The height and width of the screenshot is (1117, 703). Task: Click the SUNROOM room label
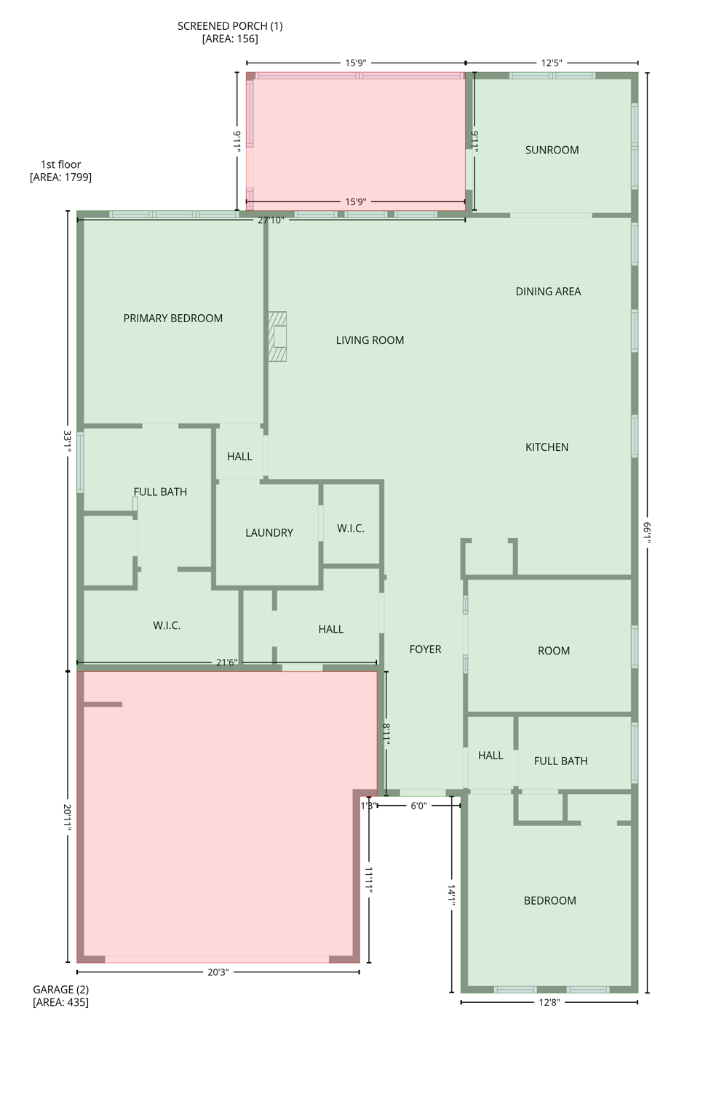pyautogui.click(x=552, y=150)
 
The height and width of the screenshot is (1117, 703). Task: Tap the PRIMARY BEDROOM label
pyautogui.click(x=172, y=318)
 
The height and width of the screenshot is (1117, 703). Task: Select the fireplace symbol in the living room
pyautogui.click(x=277, y=337)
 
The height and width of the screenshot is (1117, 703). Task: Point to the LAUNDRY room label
pyautogui.click(x=269, y=532)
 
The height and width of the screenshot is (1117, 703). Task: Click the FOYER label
pyautogui.click(x=425, y=649)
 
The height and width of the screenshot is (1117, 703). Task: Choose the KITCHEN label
pyautogui.click(x=547, y=447)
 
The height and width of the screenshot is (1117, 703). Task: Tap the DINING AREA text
pyautogui.click(x=548, y=292)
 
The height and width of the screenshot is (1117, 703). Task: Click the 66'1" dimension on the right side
pyautogui.click(x=647, y=531)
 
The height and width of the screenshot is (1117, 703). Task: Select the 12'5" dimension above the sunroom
pyautogui.click(x=551, y=63)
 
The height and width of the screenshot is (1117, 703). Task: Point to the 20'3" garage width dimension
pyautogui.click(x=218, y=972)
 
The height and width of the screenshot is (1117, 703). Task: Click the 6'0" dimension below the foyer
pyautogui.click(x=418, y=806)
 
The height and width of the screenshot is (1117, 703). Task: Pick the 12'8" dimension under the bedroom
pyautogui.click(x=549, y=1003)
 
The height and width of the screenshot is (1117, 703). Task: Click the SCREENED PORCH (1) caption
pyautogui.click(x=230, y=26)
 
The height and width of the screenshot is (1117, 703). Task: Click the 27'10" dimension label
pyautogui.click(x=270, y=220)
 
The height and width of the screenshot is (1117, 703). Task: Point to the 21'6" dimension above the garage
pyautogui.click(x=226, y=662)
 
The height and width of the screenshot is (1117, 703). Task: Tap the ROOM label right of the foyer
pyautogui.click(x=553, y=651)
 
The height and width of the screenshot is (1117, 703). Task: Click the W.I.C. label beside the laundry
pyautogui.click(x=350, y=529)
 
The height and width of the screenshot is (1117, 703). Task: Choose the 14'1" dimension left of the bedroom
pyautogui.click(x=452, y=894)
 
